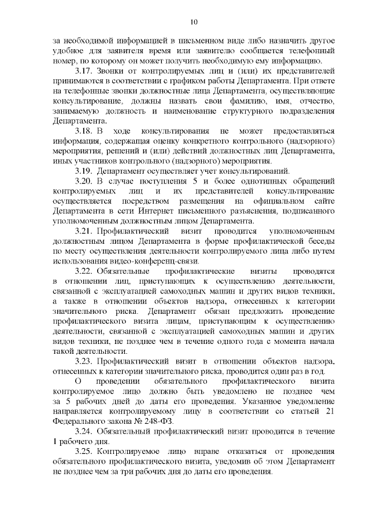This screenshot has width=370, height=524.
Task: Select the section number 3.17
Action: [86, 71]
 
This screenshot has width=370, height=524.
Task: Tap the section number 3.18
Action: [86, 131]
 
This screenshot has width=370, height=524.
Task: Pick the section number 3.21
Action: [86, 230]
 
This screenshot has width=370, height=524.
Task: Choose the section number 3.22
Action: [86, 271]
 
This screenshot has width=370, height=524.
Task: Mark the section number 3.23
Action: [86, 361]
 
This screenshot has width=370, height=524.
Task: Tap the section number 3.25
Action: [86, 452]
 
